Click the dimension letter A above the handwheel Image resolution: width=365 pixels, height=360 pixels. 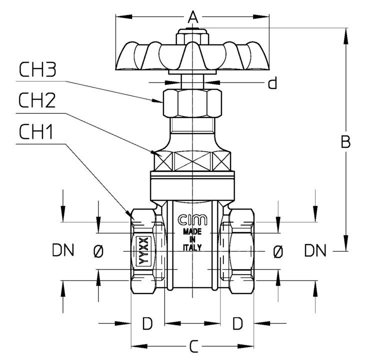click(x=192, y=17)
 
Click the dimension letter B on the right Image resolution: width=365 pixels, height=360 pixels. click(x=345, y=141)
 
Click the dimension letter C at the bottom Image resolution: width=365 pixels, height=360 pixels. click(x=193, y=346)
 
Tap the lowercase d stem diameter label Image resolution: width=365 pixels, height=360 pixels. click(x=272, y=82)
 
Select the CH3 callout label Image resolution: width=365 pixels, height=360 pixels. click(x=37, y=69)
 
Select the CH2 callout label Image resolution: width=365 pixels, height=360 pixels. click(x=37, y=100)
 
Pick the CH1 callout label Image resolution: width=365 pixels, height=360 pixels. click(x=35, y=131)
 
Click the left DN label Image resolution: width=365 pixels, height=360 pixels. click(x=63, y=250)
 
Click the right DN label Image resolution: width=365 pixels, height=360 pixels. click(x=315, y=250)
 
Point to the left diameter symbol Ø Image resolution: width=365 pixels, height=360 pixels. click(x=98, y=251)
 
